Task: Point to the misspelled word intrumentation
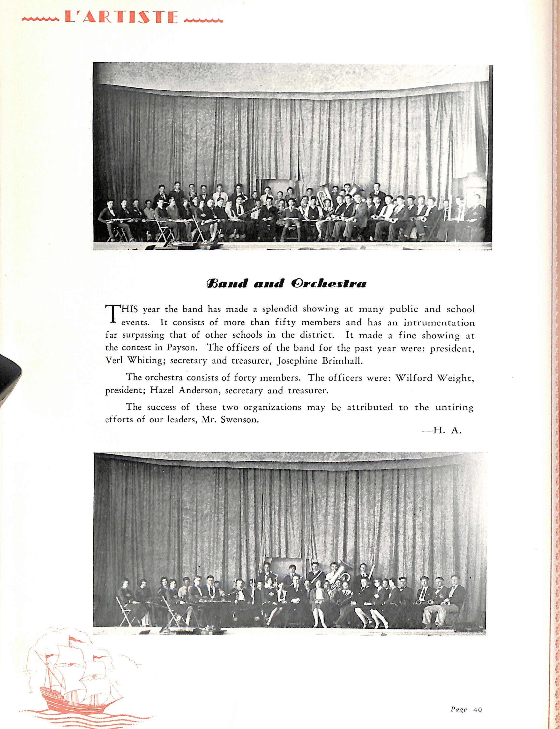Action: coord(439,323)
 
